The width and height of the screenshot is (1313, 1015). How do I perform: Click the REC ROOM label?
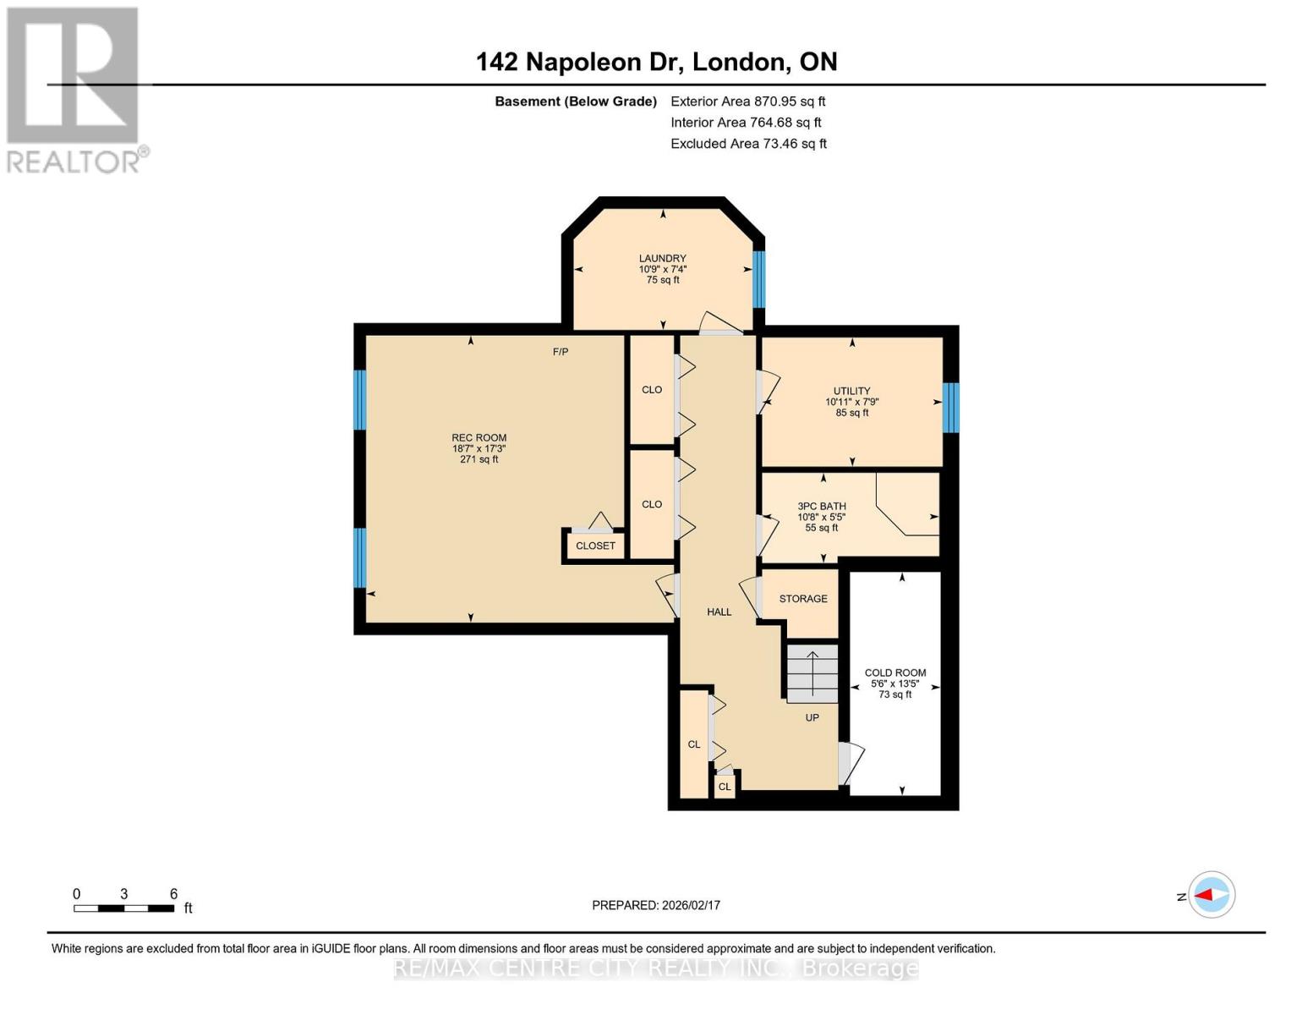(x=479, y=438)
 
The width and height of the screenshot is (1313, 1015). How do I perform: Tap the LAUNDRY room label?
(x=662, y=259)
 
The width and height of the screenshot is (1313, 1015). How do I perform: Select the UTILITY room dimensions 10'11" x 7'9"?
(x=851, y=403)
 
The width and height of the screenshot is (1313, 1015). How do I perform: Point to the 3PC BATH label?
(x=821, y=507)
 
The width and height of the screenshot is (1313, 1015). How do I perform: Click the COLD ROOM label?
(x=894, y=673)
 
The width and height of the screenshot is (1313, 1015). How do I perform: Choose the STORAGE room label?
(x=802, y=599)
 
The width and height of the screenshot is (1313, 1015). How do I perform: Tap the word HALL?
(x=719, y=612)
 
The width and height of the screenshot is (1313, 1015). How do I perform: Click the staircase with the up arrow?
(x=812, y=673)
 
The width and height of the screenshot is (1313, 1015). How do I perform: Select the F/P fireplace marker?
(x=560, y=352)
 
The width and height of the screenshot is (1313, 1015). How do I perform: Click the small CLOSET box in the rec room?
(x=595, y=546)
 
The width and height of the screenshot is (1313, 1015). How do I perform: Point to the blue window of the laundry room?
(x=758, y=279)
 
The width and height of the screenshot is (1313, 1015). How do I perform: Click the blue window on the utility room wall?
(x=950, y=407)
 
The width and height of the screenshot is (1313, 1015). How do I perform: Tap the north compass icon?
(x=1212, y=895)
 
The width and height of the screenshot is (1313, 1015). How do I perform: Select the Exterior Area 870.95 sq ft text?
(x=747, y=101)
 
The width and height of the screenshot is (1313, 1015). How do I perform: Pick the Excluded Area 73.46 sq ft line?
(x=748, y=144)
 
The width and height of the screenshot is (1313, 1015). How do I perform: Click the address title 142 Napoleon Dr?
(x=656, y=62)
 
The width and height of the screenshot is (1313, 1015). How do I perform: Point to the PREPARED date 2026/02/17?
(x=655, y=905)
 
